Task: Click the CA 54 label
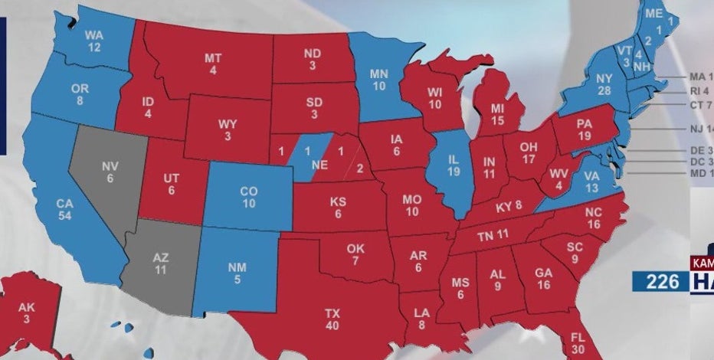click(x=64, y=209)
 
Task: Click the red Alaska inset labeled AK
click(x=28, y=314)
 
